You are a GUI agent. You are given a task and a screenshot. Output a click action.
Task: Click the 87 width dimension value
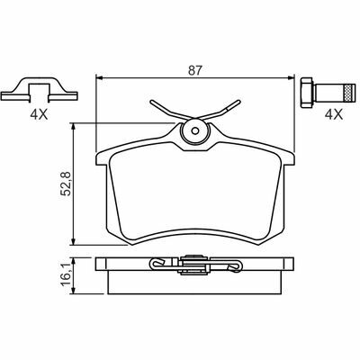pos(195,70)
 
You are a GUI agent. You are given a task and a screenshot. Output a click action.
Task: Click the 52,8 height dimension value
pos(66,184)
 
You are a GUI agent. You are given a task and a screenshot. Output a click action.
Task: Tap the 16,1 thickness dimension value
pos(66,274)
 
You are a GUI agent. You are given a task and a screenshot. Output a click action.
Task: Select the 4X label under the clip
pos(39,115)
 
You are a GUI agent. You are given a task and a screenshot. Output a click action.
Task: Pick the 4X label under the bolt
pos(334,114)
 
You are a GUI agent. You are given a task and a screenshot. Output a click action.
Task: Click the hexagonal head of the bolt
pos(307,93)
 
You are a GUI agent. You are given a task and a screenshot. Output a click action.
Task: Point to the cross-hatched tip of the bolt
pos(348,93)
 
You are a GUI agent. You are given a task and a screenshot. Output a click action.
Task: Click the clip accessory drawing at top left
pos(40,89)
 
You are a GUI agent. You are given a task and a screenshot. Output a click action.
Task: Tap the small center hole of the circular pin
pos(195,130)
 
